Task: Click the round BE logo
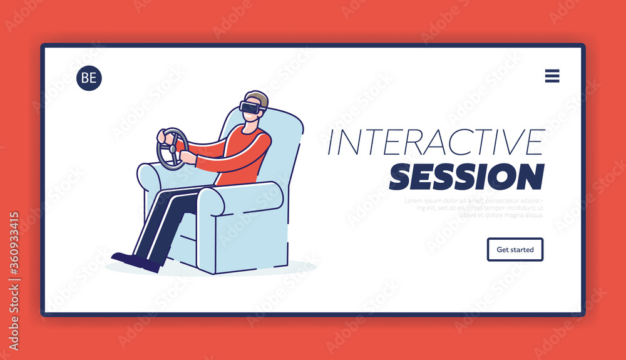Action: tap(89, 78)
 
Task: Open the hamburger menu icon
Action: tap(552, 76)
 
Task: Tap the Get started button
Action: tap(515, 249)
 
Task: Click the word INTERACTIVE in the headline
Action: tap(436, 143)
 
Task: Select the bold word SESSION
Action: tap(466, 177)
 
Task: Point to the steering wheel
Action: tap(172, 148)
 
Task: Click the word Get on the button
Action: tap(503, 249)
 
